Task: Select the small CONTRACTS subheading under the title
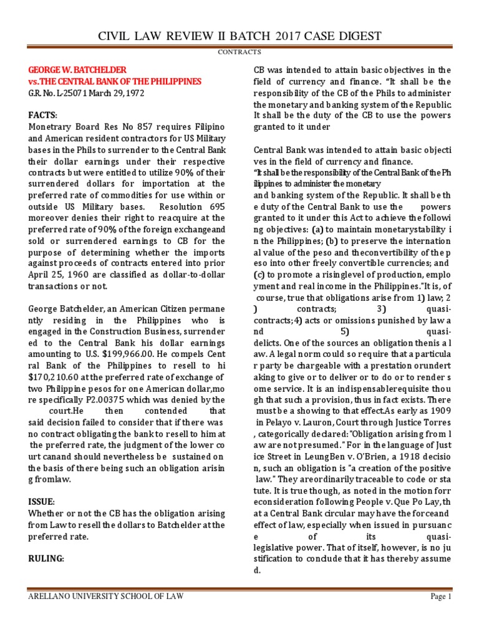pyautogui.click(x=239, y=52)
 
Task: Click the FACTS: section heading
pyautogui.click(x=42, y=115)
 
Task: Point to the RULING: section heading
pyautogui.click(x=46, y=559)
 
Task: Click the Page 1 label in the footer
pyautogui.click(x=440, y=597)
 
